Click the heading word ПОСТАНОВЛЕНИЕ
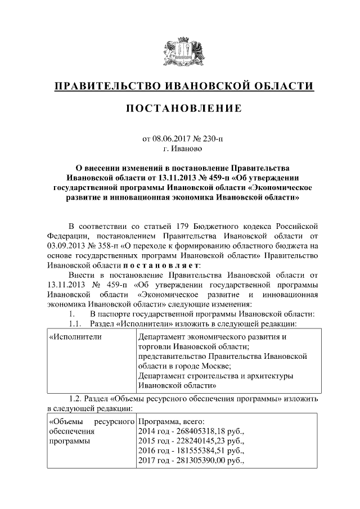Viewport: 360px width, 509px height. (x=180, y=108)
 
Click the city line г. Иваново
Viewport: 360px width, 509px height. (x=180, y=148)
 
